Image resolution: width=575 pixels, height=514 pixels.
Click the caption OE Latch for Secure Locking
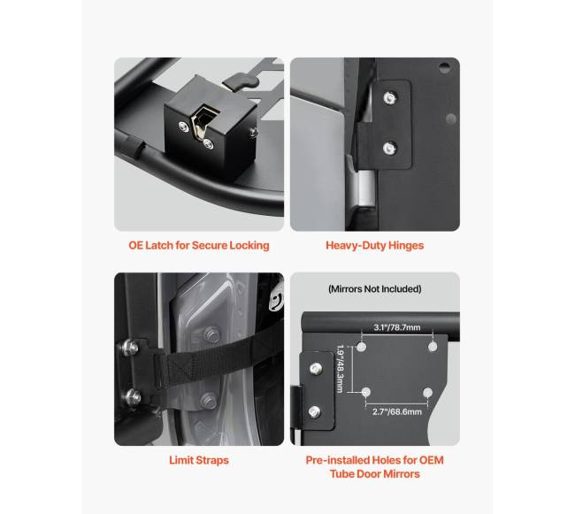[199, 245]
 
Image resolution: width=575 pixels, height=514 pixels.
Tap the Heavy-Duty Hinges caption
[375, 245]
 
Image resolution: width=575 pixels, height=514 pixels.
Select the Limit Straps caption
[199, 460]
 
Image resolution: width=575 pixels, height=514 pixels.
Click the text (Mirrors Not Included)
[375, 289]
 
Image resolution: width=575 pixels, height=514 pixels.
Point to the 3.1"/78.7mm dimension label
[397, 327]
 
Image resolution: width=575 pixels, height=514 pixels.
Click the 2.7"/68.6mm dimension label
[397, 411]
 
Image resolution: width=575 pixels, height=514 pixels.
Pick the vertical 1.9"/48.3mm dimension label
[341, 368]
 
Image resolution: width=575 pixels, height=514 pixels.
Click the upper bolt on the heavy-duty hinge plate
[389, 98]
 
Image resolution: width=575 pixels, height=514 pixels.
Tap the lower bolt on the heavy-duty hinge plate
[388, 148]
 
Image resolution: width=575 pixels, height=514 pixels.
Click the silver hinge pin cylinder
[365, 188]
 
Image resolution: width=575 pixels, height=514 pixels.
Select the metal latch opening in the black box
[201, 122]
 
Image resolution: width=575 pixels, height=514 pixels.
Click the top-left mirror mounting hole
[362, 347]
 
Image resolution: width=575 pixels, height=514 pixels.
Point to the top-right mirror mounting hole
[433, 347]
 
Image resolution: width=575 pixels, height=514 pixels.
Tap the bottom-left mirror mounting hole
[366, 393]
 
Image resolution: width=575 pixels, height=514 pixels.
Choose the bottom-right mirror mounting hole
[427, 393]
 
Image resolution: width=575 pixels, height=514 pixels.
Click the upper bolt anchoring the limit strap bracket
[130, 347]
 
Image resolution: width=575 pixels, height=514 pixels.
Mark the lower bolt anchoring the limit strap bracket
[132, 396]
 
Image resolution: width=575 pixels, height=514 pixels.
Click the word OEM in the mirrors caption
[432, 460]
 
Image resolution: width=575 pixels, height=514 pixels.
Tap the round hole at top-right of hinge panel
[444, 67]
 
